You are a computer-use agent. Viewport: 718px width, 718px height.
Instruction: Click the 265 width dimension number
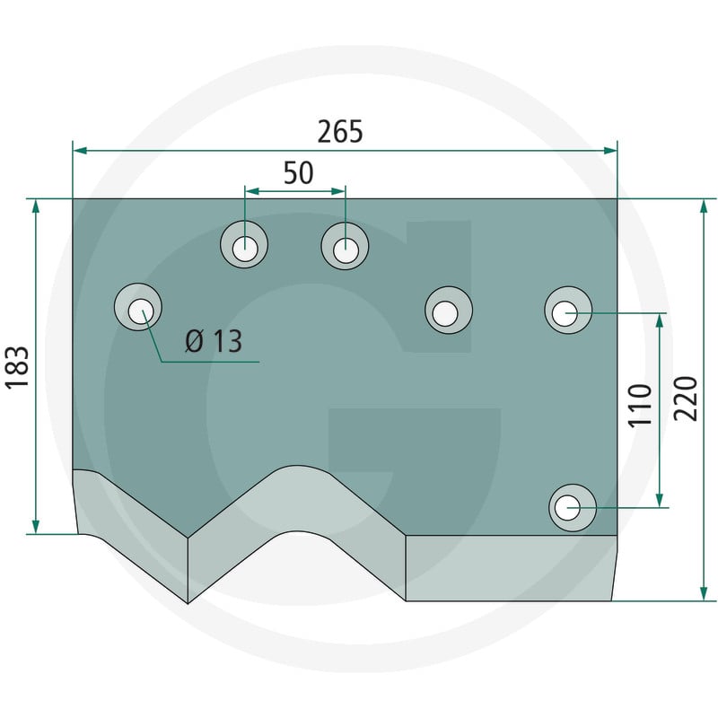point(340,131)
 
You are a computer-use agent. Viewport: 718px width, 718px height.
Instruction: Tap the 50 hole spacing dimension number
point(299,172)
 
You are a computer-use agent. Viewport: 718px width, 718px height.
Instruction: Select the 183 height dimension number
point(17,368)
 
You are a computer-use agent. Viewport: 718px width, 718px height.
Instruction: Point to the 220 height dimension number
point(686,398)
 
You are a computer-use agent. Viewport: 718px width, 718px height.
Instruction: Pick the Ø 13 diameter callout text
point(214,341)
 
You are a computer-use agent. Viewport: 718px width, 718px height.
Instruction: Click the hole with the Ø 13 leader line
point(138,307)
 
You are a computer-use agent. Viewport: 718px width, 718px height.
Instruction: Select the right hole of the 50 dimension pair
point(345,246)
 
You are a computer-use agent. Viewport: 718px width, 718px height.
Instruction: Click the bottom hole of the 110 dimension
point(573,508)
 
